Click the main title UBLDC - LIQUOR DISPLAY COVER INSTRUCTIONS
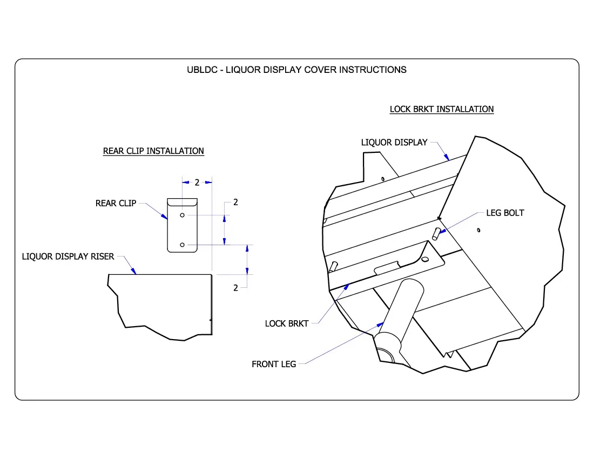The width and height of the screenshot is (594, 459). tap(296, 70)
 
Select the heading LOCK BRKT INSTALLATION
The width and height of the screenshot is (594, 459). tap(442, 109)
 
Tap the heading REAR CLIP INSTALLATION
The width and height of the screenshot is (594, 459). tap(153, 151)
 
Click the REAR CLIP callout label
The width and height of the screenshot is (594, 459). tap(116, 204)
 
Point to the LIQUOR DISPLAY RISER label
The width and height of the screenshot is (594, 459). tap(68, 256)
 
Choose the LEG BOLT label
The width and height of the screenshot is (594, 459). tap(505, 213)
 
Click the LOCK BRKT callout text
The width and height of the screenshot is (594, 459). tap(286, 323)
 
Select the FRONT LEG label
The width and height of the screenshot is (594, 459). tap(274, 364)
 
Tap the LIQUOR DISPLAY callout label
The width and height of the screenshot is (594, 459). tap(394, 143)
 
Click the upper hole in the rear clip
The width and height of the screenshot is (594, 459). tap(183, 215)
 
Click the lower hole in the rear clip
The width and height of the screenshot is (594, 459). tap(183, 245)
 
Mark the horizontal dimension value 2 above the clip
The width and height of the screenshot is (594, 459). tap(197, 183)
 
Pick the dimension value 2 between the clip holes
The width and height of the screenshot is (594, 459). tap(235, 202)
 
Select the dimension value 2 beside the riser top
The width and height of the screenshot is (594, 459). tap(235, 288)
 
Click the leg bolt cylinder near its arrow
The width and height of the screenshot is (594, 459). tap(436, 233)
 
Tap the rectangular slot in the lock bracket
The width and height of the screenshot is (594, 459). tap(387, 266)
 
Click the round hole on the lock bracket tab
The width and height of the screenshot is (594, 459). tap(425, 260)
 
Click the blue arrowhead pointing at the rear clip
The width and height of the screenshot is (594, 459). tap(165, 216)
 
